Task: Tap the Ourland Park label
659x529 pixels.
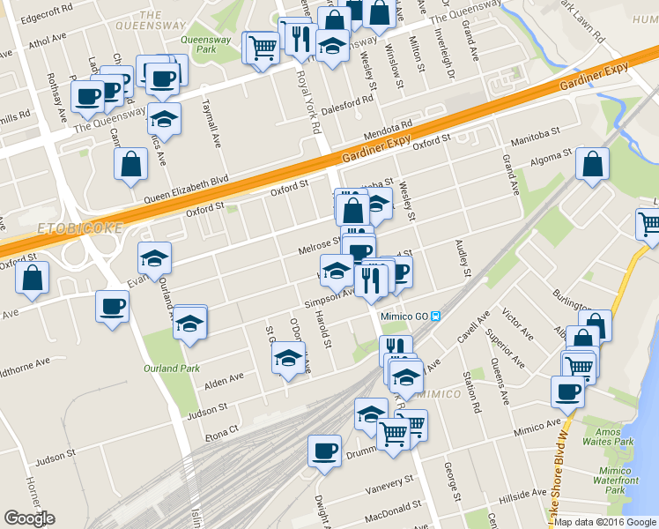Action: click(173, 369)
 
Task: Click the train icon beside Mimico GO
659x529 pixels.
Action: click(437, 317)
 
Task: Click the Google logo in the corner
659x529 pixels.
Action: click(29, 518)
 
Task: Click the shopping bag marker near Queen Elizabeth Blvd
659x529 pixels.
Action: click(130, 165)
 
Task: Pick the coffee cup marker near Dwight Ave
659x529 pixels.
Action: click(324, 451)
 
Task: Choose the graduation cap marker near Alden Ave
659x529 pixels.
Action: click(287, 358)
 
